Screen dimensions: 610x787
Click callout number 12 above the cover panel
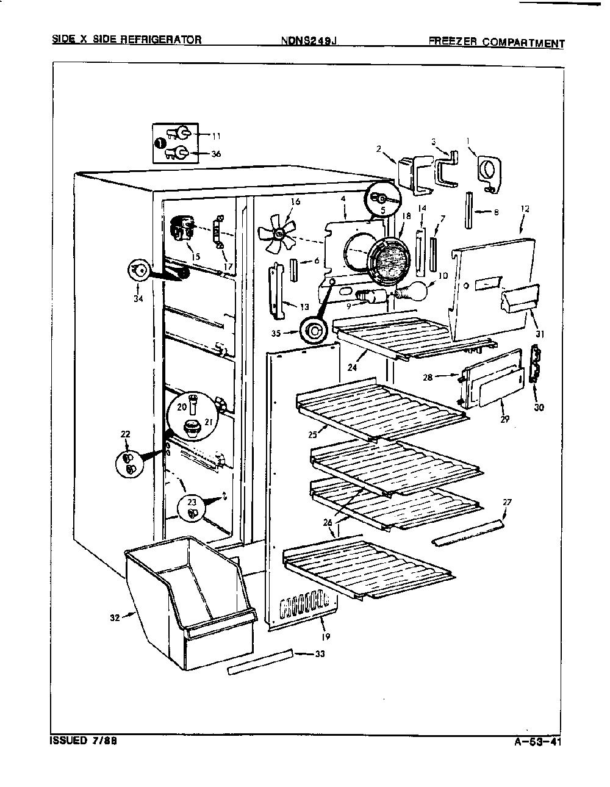(x=525, y=209)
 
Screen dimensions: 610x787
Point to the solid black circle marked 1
(x=159, y=144)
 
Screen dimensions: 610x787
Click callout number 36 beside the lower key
(x=216, y=154)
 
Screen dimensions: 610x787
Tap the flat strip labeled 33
(x=260, y=662)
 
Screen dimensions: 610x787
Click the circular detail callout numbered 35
(x=314, y=331)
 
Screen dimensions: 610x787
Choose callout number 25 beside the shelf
(x=313, y=434)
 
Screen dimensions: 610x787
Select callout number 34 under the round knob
(x=138, y=299)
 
